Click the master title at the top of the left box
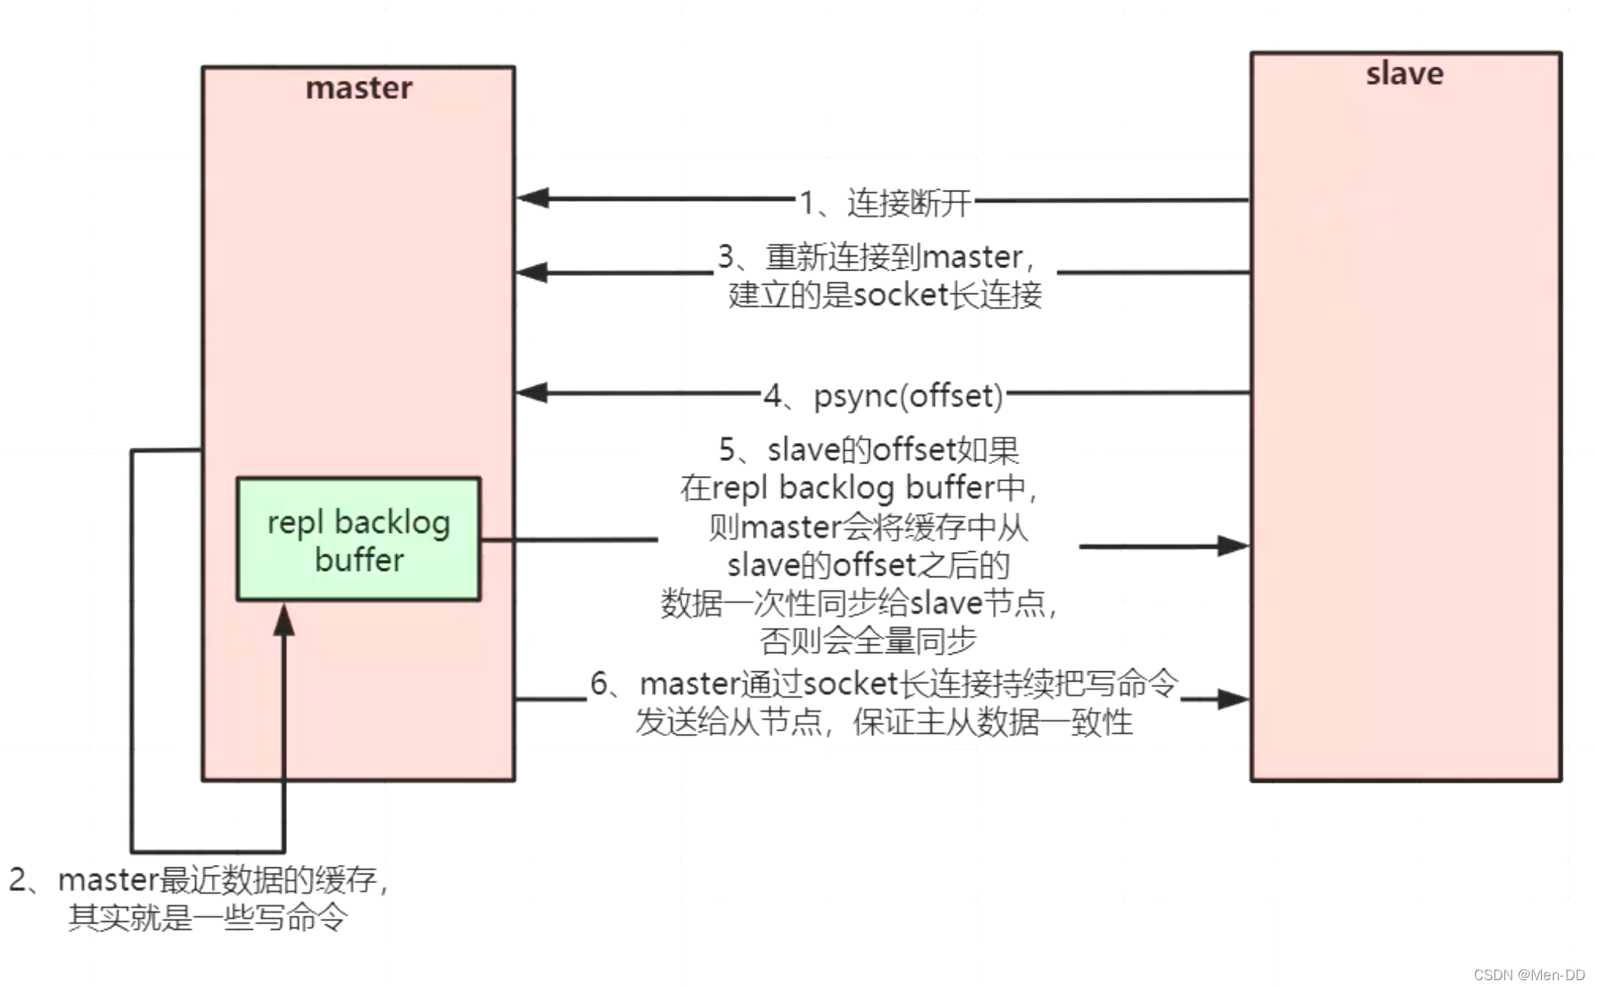tap(358, 88)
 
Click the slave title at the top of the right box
tap(1404, 74)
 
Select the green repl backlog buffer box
tap(358, 539)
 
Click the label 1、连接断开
tap(885, 203)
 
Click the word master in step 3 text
tap(972, 257)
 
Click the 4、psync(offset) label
tap(884, 396)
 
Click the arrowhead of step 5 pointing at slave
tap(1232, 546)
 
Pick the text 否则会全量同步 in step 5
tap(868, 641)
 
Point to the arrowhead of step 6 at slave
tap(1232, 699)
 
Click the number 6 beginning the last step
tap(598, 684)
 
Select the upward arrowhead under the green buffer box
tap(284, 619)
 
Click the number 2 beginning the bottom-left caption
tap(18, 880)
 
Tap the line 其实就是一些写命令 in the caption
tap(207, 917)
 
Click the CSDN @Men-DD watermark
tap(1529, 975)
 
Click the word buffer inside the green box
tap(359, 560)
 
